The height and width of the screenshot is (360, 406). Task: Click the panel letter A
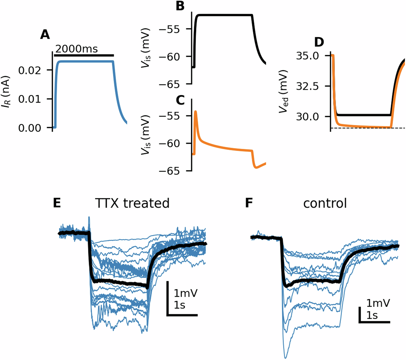(45, 35)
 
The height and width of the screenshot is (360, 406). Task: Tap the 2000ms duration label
(77, 48)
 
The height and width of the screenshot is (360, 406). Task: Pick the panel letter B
(180, 6)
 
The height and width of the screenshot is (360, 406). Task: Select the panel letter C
(180, 100)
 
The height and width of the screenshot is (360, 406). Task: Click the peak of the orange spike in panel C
(196, 111)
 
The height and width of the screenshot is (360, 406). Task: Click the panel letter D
(318, 42)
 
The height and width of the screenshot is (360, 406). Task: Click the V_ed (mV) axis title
(283, 92)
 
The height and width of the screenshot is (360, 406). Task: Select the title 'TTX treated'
(132, 203)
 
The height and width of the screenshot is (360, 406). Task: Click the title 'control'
(325, 203)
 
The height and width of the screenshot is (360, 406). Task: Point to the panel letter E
(57, 203)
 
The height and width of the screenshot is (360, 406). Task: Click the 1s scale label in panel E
(180, 305)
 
